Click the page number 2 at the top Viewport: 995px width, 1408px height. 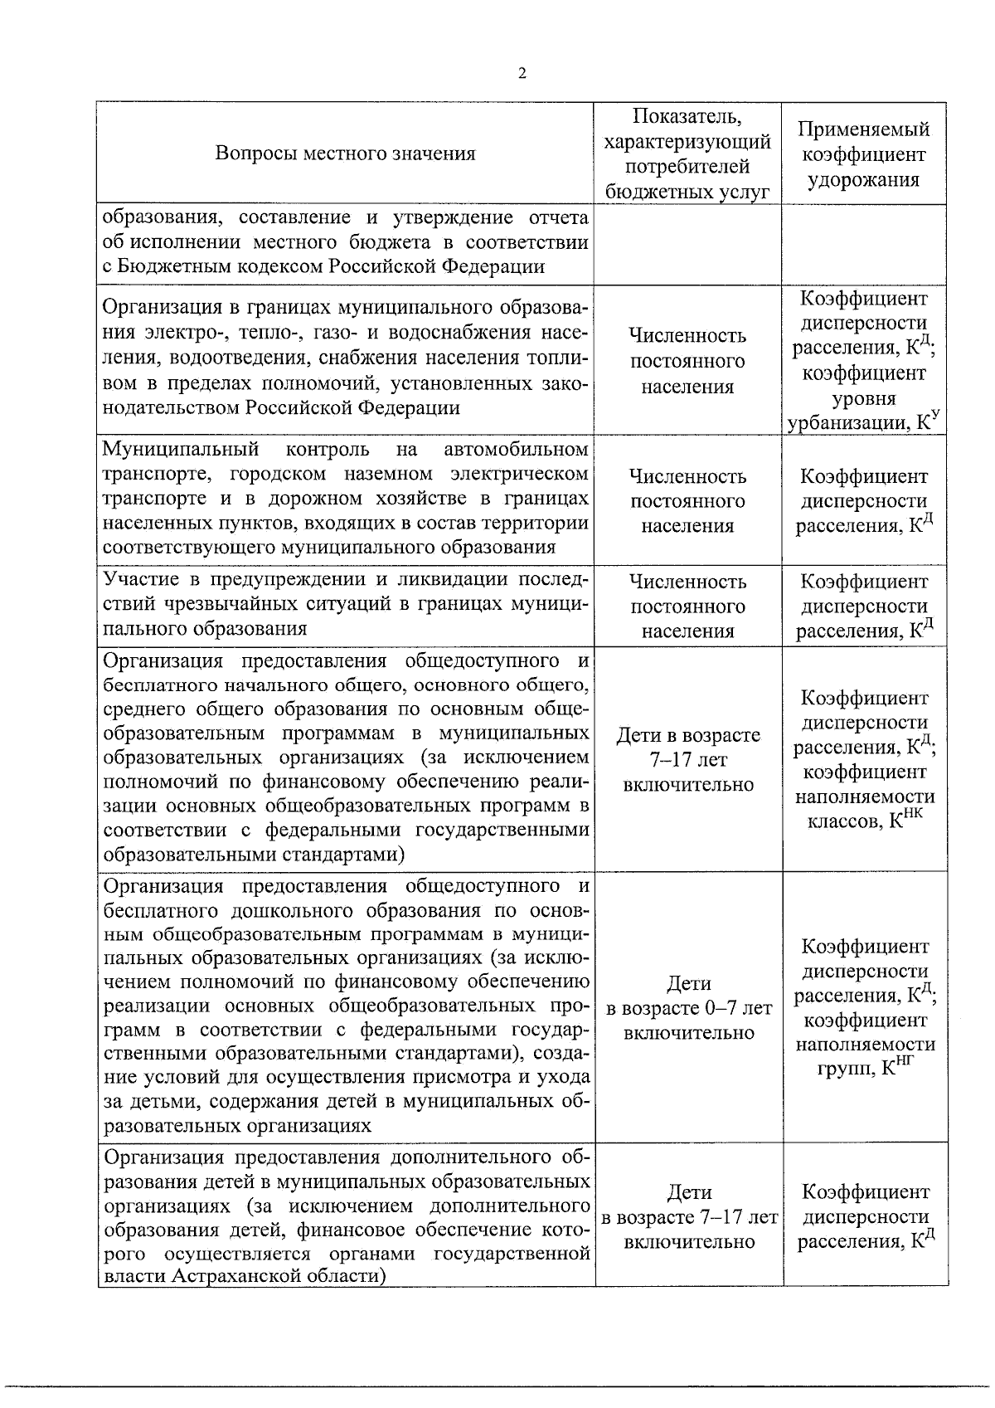pos(522,73)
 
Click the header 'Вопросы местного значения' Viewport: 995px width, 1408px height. pos(345,153)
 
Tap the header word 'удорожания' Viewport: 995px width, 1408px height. pos(863,179)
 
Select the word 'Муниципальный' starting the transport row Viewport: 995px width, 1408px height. pos(180,450)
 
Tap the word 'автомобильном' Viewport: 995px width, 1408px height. pos(517,450)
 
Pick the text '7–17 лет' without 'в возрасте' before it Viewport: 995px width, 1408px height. pos(688,760)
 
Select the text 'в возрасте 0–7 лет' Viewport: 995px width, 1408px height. pos(688,1008)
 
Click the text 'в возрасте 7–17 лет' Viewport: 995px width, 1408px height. pos(688,1217)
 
